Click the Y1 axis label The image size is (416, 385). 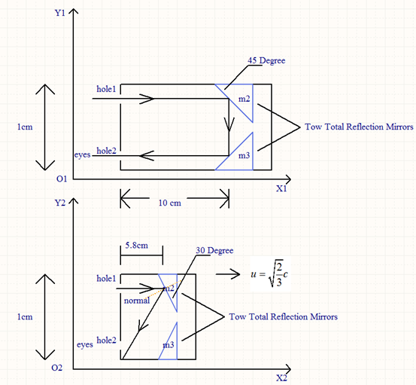coord(59,13)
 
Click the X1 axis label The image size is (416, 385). coord(281,188)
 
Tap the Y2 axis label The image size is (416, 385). coord(59,203)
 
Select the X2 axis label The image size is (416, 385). coord(281,378)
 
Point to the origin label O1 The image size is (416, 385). coord(62,179)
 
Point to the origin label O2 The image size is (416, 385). coord(56,368)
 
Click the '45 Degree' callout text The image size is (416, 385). coord(266,60)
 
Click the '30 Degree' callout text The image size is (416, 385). coord(214,251)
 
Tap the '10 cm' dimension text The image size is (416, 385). coord(169,203)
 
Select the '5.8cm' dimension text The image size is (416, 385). coord(136,246)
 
